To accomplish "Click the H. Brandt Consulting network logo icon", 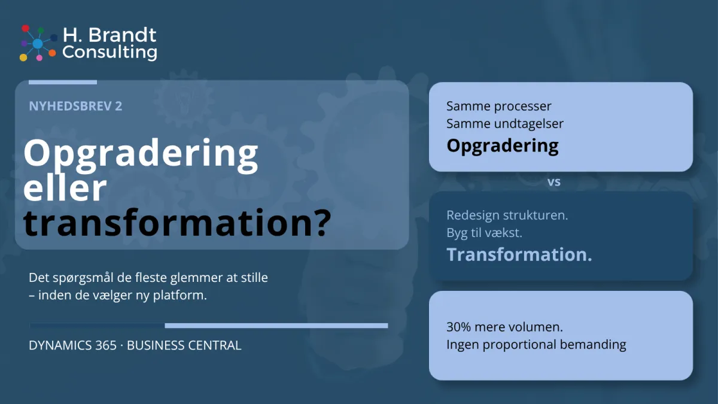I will pos(37,43).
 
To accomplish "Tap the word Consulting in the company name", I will pos(109,52).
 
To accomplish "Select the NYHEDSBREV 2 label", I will pos(75,106).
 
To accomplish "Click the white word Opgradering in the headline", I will pos(141,154).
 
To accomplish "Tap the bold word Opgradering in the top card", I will pos(503,145).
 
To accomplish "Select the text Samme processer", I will pos(499,107).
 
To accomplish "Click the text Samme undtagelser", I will pos(505,124).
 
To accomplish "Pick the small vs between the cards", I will pos(554,182).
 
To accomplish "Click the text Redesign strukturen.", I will pos(507,215).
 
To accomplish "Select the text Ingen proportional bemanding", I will pos(536,345).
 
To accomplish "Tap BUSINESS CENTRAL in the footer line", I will pos(184,345).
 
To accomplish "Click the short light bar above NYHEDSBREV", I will pos(63,82).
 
